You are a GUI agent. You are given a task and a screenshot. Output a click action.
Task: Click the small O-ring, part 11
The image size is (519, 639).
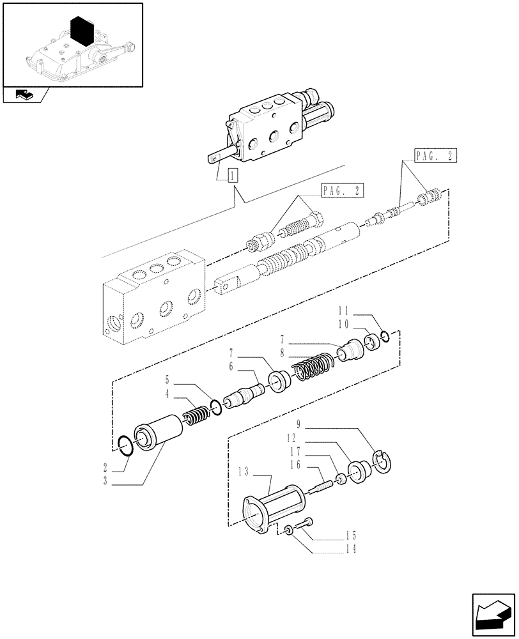(384, 338)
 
